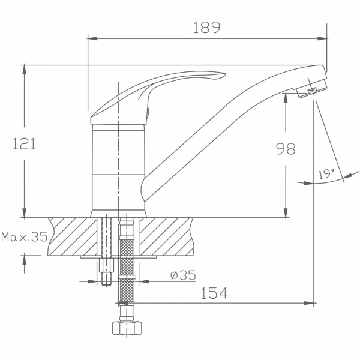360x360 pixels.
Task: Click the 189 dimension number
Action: click(x=206, y=28)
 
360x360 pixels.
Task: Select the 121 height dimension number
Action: click(x=24, y=144)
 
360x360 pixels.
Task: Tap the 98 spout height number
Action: click(x=286, y=149)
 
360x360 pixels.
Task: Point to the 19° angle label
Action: click(x=326, y=173)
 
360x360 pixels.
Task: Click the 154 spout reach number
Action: click(x=214, y=293)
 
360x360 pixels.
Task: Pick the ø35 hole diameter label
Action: click(x=183, y=275)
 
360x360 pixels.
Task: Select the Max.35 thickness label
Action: click(x=25, y=236)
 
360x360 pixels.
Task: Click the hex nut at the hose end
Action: click(x=127, y=328)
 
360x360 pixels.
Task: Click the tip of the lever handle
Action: click(x=224, y=74)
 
